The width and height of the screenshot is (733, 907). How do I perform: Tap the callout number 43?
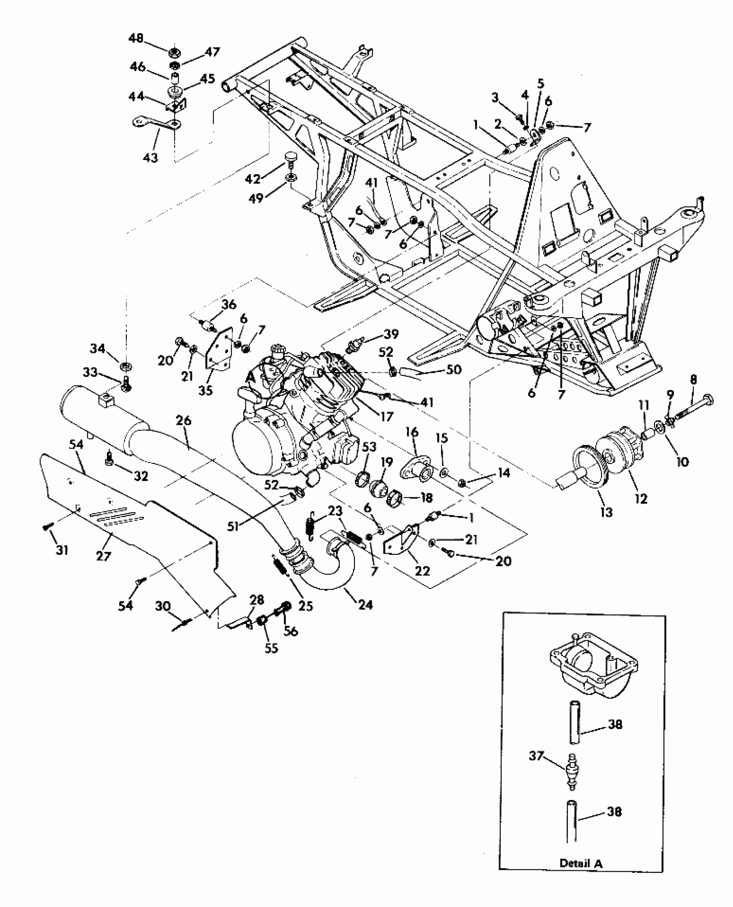150,157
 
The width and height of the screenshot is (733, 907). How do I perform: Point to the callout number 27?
103,556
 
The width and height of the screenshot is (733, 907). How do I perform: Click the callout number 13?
606,512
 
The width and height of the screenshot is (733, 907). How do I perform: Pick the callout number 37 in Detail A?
537,756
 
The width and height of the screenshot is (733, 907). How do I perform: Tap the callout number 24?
365,605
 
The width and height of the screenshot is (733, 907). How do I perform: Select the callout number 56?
291,631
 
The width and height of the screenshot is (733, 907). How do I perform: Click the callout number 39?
392,334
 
